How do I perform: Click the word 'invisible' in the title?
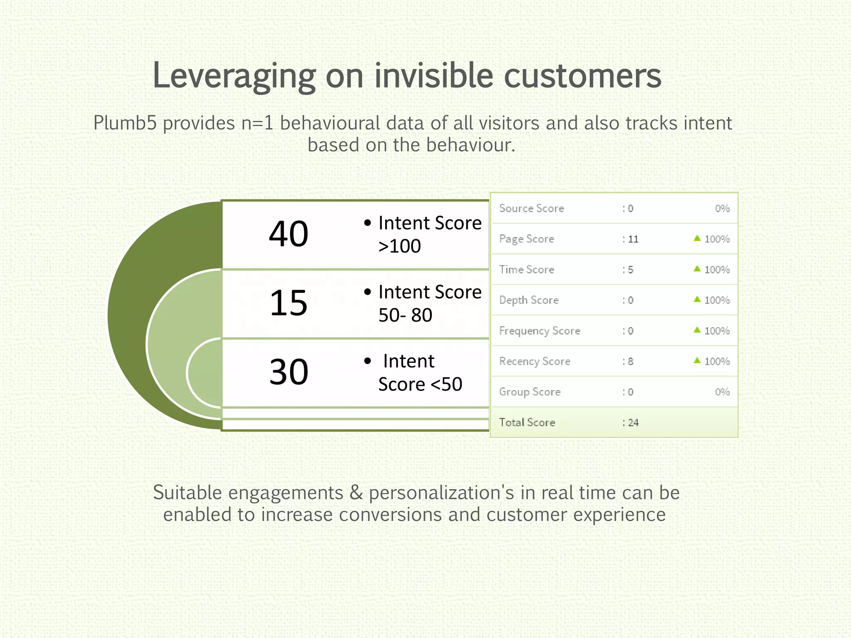(x=434, y=76)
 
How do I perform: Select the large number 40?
(x=288, y=234)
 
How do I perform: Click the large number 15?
(x=288, y=303)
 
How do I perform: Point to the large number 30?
(x=288, y=372)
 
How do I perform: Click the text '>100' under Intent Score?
(x=399, y=246)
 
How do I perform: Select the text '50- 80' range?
(x=405, y=315)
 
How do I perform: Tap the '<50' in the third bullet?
(x=447, y=384)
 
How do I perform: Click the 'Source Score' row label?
(x=531, y=209)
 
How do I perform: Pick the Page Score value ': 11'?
(x=630, y=239)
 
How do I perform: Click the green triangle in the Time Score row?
(x=697, y=269)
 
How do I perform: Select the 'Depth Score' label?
(x=529, y=300)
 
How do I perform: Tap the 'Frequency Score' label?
(x=539, y=331)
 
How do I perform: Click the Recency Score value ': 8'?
(x=628, y=361)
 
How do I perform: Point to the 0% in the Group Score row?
(x=722, y=392)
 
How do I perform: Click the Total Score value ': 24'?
(x=630, y=423)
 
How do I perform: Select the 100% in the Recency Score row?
(x=717, y=361)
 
